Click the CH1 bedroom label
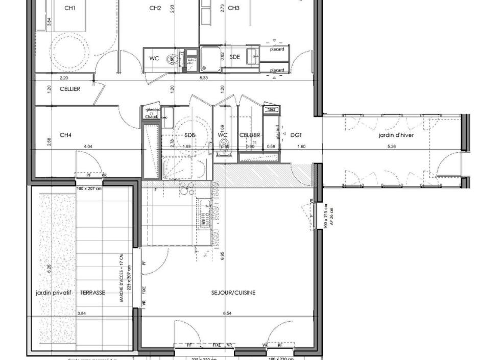coord(70,8)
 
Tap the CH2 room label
coord(155,8)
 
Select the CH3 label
coord(233,8)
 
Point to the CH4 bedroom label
coord(65,135)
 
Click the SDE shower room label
coord(234,57)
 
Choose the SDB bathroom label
coord(190,135)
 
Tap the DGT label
coord(296,135)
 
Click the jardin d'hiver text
coord(396,135)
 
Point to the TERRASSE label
coord(93,293)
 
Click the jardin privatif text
coord(53,293)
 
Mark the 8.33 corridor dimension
coord(203,78)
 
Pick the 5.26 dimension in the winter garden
coord(392,147)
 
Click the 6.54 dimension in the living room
coord(227,313)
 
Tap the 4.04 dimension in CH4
coord(88,147)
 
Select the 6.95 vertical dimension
coord(222,255)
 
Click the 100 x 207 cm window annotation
coord(89,188)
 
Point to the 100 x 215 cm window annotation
coord(326,217)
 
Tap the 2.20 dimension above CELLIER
coord(64,78)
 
